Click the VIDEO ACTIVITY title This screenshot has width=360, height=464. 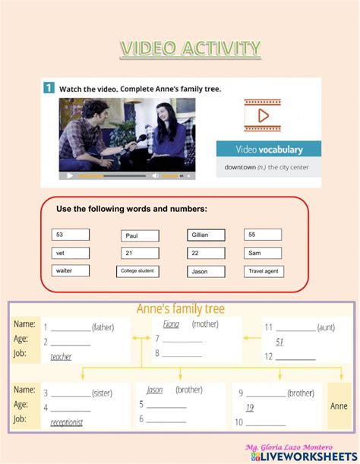(189, 49)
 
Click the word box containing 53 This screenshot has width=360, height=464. (71, 235)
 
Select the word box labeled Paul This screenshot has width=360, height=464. (140, 235)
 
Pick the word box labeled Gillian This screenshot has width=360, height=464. (206, 235)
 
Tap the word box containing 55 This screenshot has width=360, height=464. (263, 235)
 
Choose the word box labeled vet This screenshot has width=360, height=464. (71, 253)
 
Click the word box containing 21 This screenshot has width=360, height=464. (140, 253)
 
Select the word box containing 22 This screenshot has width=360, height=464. (206, 253)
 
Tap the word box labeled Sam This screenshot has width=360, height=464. (263, 253)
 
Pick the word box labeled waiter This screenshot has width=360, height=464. (71, 270)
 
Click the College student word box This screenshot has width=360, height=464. (138, 271)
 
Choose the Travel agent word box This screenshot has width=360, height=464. (264, 271)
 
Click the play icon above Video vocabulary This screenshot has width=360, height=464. (263, 116)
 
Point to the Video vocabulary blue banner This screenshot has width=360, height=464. (269, 149)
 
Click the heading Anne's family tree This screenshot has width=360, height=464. (180, 310)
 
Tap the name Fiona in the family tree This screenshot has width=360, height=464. (172, 324)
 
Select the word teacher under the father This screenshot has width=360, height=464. (61, 356)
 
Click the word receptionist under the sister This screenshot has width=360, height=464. (67, 422)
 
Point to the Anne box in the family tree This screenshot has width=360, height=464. (339, 406)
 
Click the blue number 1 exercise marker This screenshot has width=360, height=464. (48, 88)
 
